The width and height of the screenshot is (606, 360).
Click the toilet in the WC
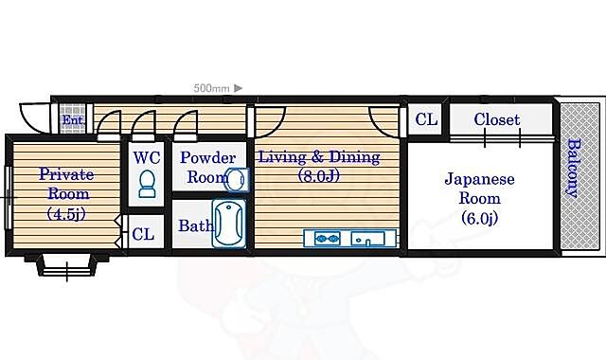click(x=147, y=184)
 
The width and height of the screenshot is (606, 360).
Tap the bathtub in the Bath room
click(x=229, y=224)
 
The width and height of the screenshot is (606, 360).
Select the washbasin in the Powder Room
click(x=237, y=180)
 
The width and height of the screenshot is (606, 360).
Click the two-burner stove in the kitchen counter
click(x=328, y=239)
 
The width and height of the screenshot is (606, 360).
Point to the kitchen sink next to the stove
click(x=367, y=239)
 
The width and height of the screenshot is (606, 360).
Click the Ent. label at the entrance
click(x=73, y=120)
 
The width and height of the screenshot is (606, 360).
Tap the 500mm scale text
click(x=211, y=88)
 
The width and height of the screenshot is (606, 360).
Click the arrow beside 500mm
click(x=238, y=88)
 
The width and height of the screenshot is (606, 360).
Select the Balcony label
click(x=575, y=169)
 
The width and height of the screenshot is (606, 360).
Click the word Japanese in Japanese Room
click(x=480, y=179)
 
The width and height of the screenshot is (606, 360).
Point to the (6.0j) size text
click(x=480, y=219)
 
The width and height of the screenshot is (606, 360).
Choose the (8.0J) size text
click(x=319, y=176)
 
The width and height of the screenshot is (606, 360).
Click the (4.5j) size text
click(x=66, y=213)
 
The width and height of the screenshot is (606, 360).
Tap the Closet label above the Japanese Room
click(x=496, y=119)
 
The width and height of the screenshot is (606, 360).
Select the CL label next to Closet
click(x=426, y=119)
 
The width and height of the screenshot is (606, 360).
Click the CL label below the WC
click(x=143, y=234)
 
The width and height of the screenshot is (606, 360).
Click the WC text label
click(x=147, y=158)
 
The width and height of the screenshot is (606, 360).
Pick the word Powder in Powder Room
click(x=207, y=158)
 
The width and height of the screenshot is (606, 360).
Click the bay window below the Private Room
click(x=67, y=265)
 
